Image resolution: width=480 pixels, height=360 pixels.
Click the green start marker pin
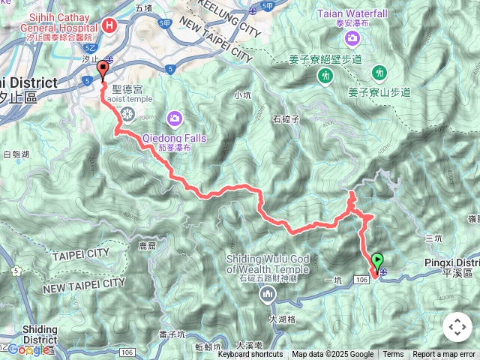(376, 260)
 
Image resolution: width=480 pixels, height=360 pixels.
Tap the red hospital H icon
(110, 25)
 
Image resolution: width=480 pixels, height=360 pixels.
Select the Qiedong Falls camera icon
(175, 117)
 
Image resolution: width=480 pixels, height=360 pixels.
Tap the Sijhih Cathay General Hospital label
(58, 25)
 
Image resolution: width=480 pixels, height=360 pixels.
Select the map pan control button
(457, 327)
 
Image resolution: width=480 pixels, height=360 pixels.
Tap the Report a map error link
(445, 355)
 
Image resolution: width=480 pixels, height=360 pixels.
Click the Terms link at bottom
(393, 355)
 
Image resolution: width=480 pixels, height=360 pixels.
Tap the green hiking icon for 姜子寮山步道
(379, 73)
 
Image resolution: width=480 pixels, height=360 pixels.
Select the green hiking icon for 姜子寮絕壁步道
(325, 75)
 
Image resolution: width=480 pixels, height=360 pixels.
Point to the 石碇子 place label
(286, 118)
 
